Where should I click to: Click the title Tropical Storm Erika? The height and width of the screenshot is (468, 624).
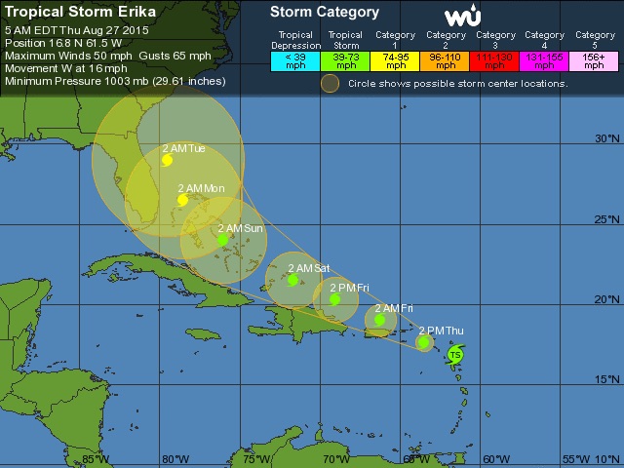coord(67,13)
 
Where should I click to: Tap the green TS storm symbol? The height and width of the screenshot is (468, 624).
coord(455,356)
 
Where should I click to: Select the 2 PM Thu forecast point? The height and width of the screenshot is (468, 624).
coord(424,342)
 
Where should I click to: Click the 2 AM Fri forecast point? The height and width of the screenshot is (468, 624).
coord(380,319)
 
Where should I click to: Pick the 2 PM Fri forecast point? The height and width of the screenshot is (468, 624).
coord(335,299)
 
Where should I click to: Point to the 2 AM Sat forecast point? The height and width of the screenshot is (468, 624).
coord(292,280)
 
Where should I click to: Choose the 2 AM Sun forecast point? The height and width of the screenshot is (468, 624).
coord(223,239)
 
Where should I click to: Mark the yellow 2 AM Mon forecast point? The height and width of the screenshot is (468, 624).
coord(182,200)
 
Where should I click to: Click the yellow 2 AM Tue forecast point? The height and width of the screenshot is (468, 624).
coord(168,161)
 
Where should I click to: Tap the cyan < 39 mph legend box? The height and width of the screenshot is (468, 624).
coord(295,61)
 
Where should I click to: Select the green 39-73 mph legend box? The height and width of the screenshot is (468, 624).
coord(345,61)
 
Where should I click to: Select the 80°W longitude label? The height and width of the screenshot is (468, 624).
coord(175,458)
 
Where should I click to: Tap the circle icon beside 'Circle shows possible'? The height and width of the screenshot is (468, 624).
coord(331,84)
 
